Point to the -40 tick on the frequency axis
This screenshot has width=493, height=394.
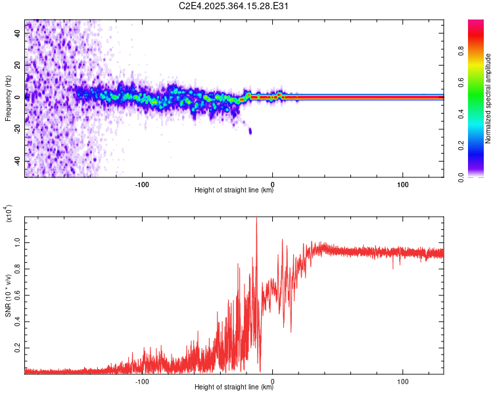tap(16, 161)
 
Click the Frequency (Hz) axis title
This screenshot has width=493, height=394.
tap(8, 98)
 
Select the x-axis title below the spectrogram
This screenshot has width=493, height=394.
tap(234, 190)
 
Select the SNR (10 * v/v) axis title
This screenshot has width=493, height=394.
tap(9, 295)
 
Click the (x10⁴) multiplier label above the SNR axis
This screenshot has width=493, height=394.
tap(9, 213)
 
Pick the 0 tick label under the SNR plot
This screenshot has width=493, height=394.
tap(273, 380)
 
